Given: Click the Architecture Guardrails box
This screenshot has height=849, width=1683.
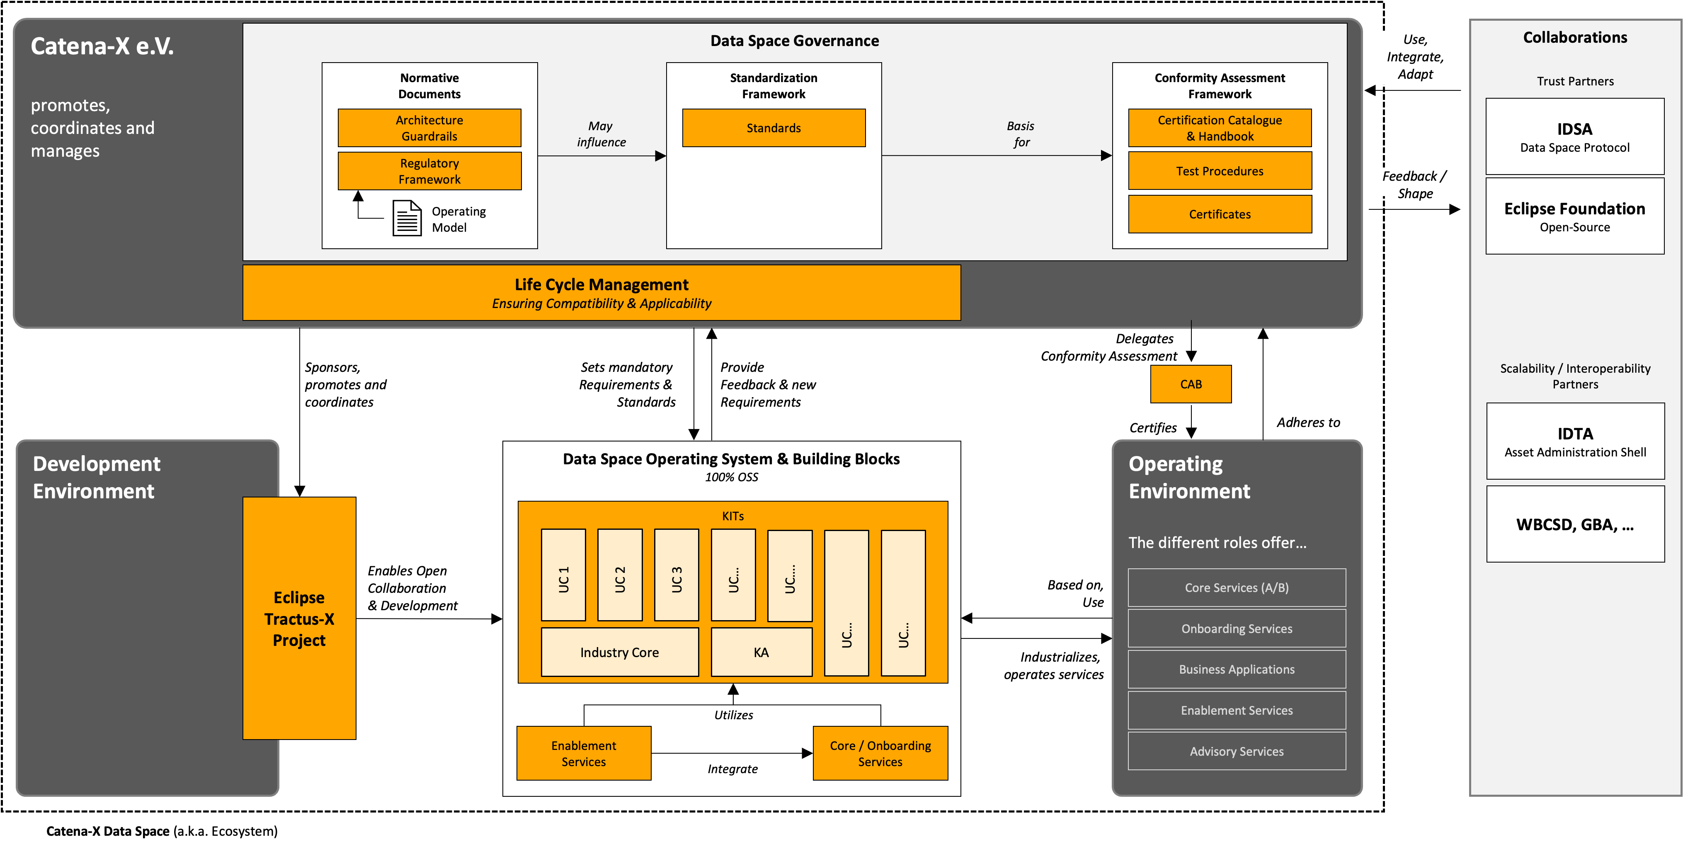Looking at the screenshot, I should [429, 128].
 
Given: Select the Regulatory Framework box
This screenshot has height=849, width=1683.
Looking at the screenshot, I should [429, 171].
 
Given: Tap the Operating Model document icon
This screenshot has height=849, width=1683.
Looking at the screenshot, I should [406, 218].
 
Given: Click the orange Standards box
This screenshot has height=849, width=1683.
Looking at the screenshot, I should [774, 128].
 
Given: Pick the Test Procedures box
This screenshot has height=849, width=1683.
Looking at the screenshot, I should [1219, 171].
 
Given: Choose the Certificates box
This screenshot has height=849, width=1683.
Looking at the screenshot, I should [1219, 214].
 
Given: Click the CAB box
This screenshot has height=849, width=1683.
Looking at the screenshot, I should [1191, 384].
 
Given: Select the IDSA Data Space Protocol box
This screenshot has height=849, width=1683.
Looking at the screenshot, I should [1574, 137].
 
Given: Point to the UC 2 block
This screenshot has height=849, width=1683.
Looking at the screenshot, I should [619, 575].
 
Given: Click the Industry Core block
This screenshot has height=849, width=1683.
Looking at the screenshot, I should [619, 652].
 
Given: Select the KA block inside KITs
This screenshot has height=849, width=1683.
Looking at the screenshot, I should [761, 652].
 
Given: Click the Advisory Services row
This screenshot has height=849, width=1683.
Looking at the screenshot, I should [1236, 752].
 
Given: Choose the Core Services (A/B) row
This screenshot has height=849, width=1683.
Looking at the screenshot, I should [1236, 587].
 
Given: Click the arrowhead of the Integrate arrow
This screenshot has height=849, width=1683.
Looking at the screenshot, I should [808, 754].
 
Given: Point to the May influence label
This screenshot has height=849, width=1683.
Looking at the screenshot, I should [600, 134].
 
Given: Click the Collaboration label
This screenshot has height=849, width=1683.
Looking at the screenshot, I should [407, 588].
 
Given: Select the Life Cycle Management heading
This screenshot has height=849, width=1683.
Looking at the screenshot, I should [601, 285].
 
